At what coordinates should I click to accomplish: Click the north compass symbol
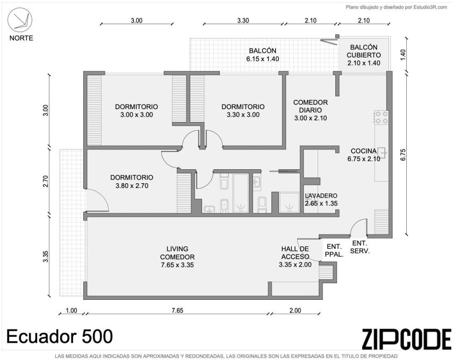[20, 20]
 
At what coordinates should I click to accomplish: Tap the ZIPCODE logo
[406, 339]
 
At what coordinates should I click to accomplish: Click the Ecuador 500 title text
[60, 336]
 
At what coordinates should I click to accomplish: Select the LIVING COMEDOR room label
[177, 257]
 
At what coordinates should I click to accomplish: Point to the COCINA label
[364, 151]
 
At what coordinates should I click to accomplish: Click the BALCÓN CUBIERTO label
[364, 51]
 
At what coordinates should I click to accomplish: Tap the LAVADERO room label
[321, 196]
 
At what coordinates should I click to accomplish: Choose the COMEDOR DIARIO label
[311, 106]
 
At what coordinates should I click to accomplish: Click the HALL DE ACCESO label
[295, 253]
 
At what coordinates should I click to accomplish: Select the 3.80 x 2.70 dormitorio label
[132, 182]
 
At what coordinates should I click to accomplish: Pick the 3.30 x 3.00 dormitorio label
[243, 111]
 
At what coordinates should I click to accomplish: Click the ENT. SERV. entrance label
[359, 247]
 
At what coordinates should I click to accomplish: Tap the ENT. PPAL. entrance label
[334, 250]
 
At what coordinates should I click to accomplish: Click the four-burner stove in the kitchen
[382, 117]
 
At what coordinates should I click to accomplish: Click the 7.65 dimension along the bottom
[177, 311]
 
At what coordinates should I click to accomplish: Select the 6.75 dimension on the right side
[404, 154]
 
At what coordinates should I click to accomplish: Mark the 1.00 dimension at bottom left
[71, 311]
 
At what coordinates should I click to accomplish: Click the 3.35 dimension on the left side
[45, 256]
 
